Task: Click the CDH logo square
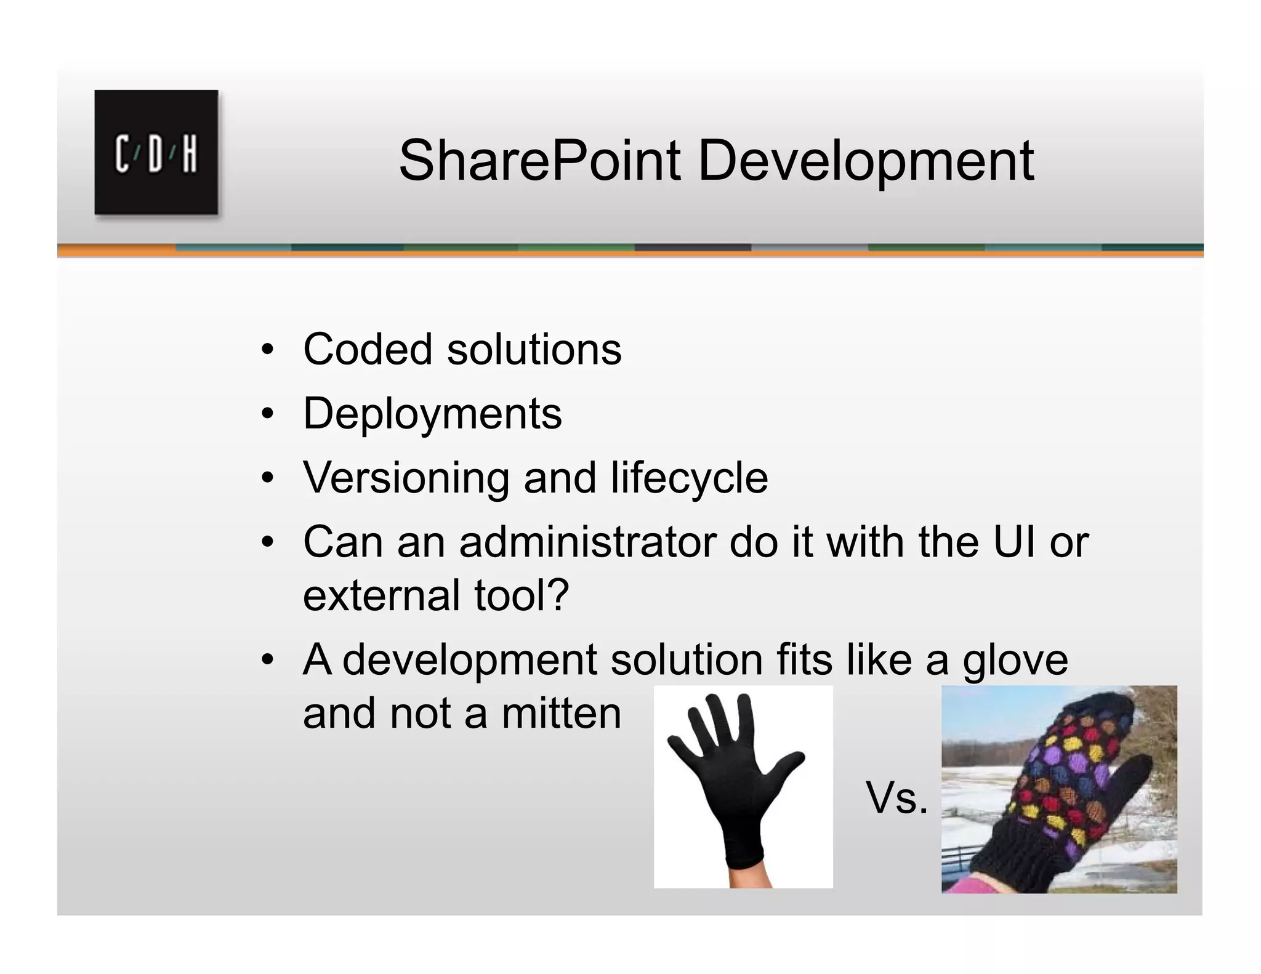tap(156, 152)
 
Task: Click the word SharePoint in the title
tap(539, 161)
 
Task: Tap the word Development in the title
tap(865, 161)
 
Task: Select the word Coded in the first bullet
tap(368, 349)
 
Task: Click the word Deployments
tap(432, 414)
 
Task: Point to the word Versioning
tap(406, 478)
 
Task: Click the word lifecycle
tap(689, 478)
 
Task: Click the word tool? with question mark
tap(522, 595)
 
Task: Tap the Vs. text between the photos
tap(896, 797)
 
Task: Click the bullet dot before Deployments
tap(267, 414)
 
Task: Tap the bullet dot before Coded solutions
tap(267, 350)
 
